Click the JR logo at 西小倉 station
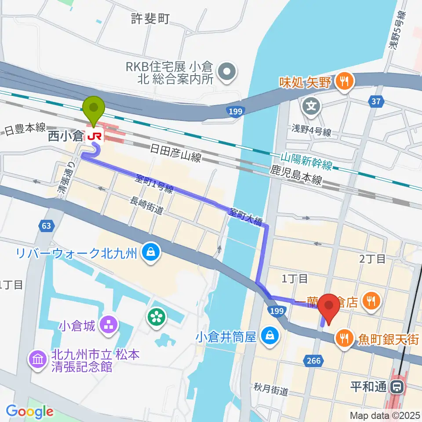pos(95,136)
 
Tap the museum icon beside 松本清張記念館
pos(37,359)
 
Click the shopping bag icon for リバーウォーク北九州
pos(151,252)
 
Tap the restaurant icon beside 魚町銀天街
pos(342,338)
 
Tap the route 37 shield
pos(375,102)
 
